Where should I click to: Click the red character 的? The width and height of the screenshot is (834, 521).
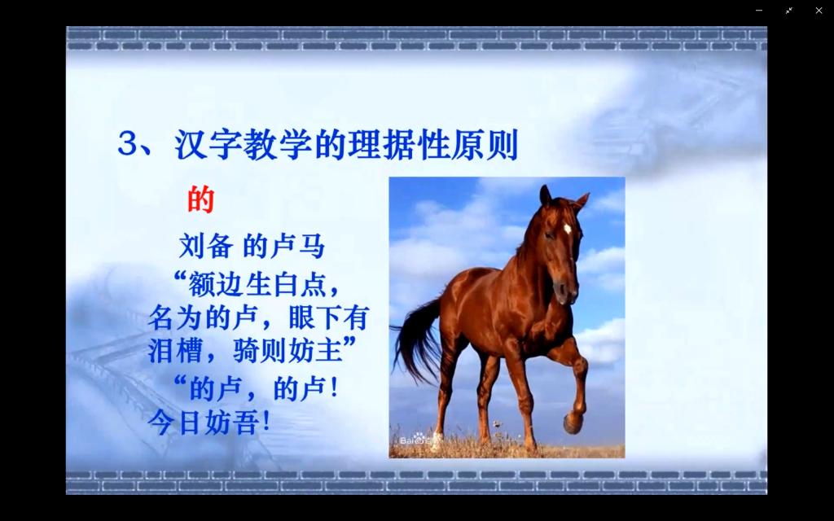[200, 200]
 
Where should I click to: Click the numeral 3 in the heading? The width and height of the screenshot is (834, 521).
[127, 143]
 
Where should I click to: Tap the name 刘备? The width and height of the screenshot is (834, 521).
[206, 246]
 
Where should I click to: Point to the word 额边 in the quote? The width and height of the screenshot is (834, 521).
[216, 283]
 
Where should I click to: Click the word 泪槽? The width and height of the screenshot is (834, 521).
[175, 350]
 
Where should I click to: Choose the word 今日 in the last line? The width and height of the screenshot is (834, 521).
[174, 422]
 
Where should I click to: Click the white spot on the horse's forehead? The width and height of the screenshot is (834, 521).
[567, 229]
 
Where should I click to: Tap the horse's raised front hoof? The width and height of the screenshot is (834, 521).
[573, 422]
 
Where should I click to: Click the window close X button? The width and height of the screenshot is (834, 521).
[819, 10]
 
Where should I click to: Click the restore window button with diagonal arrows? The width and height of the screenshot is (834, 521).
[788, 10]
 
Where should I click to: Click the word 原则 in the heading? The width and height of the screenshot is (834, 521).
[485, 144]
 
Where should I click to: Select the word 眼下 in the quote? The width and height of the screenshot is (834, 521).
[315, 317]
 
